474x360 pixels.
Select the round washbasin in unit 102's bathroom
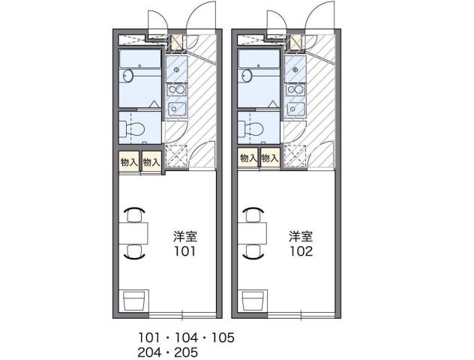[247, 75]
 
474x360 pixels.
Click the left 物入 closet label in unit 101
[129, 161]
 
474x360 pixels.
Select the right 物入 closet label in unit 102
[270, 158]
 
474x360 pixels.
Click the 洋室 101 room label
[184, 244]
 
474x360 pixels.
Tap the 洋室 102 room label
[302, 244]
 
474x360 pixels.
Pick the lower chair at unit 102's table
[253, 252]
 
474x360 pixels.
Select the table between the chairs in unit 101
[133, 232]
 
